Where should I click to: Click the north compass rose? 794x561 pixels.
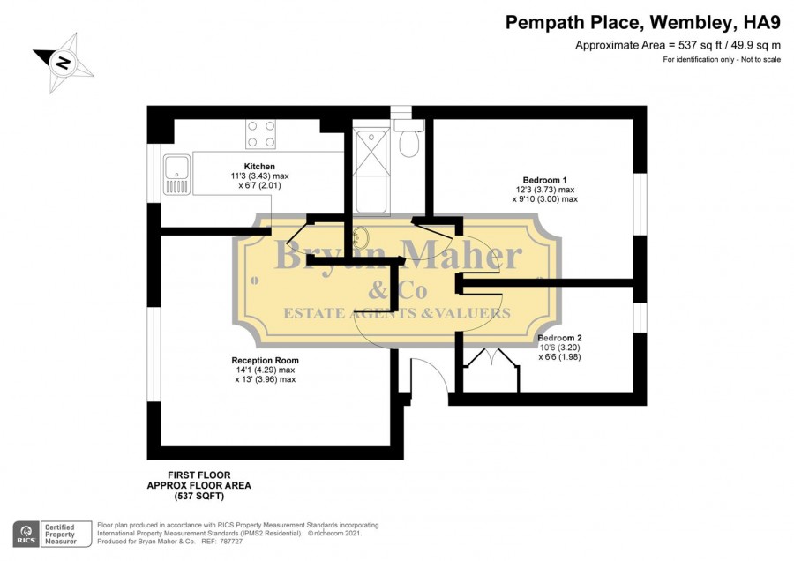tap(64, 63)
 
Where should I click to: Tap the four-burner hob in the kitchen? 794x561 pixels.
tap(261, 134)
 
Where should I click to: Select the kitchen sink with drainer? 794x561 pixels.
tap(176, 175)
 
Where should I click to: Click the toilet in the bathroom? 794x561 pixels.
tap(408, 138)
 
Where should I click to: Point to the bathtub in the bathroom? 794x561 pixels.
tap(371, 172)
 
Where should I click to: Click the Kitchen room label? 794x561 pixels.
tap(259, 167)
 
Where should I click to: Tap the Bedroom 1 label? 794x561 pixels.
tap(545, 180)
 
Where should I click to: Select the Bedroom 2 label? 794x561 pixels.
tap(559, 338)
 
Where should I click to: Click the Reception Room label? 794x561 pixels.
tap(265, 361)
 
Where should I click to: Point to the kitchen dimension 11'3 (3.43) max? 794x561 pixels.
tap(259, 176)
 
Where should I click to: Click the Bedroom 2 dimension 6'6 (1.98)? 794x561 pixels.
tap(559, 357)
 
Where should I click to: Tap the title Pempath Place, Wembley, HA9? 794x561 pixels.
tap(643, 23)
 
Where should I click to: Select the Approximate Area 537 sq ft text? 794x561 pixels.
tap(678, 46)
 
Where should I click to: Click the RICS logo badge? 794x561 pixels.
tap(26, 535)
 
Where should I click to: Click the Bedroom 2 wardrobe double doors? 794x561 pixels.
tap(491, 357)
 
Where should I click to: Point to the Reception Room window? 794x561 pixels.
tap(154, 354)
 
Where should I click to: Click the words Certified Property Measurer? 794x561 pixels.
tap(60, 535)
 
